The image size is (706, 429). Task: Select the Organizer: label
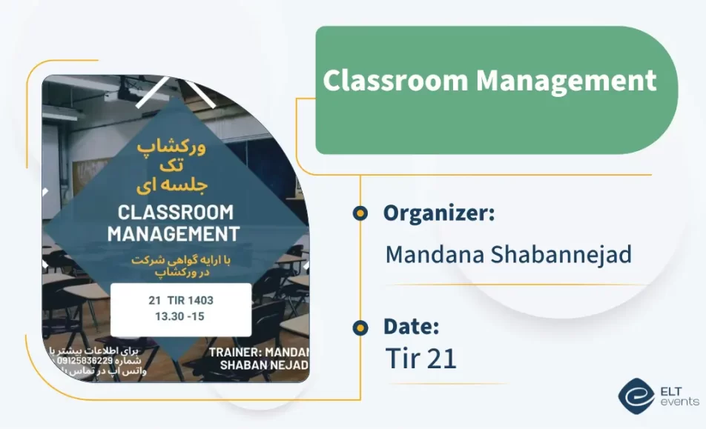click(x=439, y=213)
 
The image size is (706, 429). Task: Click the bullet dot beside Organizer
click(x=360, y=213)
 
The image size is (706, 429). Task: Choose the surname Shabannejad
click(x=561, y=255)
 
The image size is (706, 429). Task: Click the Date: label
click(x=411, y=326)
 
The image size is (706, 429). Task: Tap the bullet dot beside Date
click(x=360, y=327)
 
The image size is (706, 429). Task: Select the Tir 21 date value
click(x=420, y=359)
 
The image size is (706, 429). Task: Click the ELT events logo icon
click(x=635, y=394)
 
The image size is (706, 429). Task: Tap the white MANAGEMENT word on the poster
click(x=174, y=234)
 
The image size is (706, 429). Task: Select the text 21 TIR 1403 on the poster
click(x=181, y=301)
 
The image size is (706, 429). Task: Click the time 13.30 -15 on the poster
click(x=179, y=316)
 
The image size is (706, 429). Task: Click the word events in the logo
click(x=679, y=402)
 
